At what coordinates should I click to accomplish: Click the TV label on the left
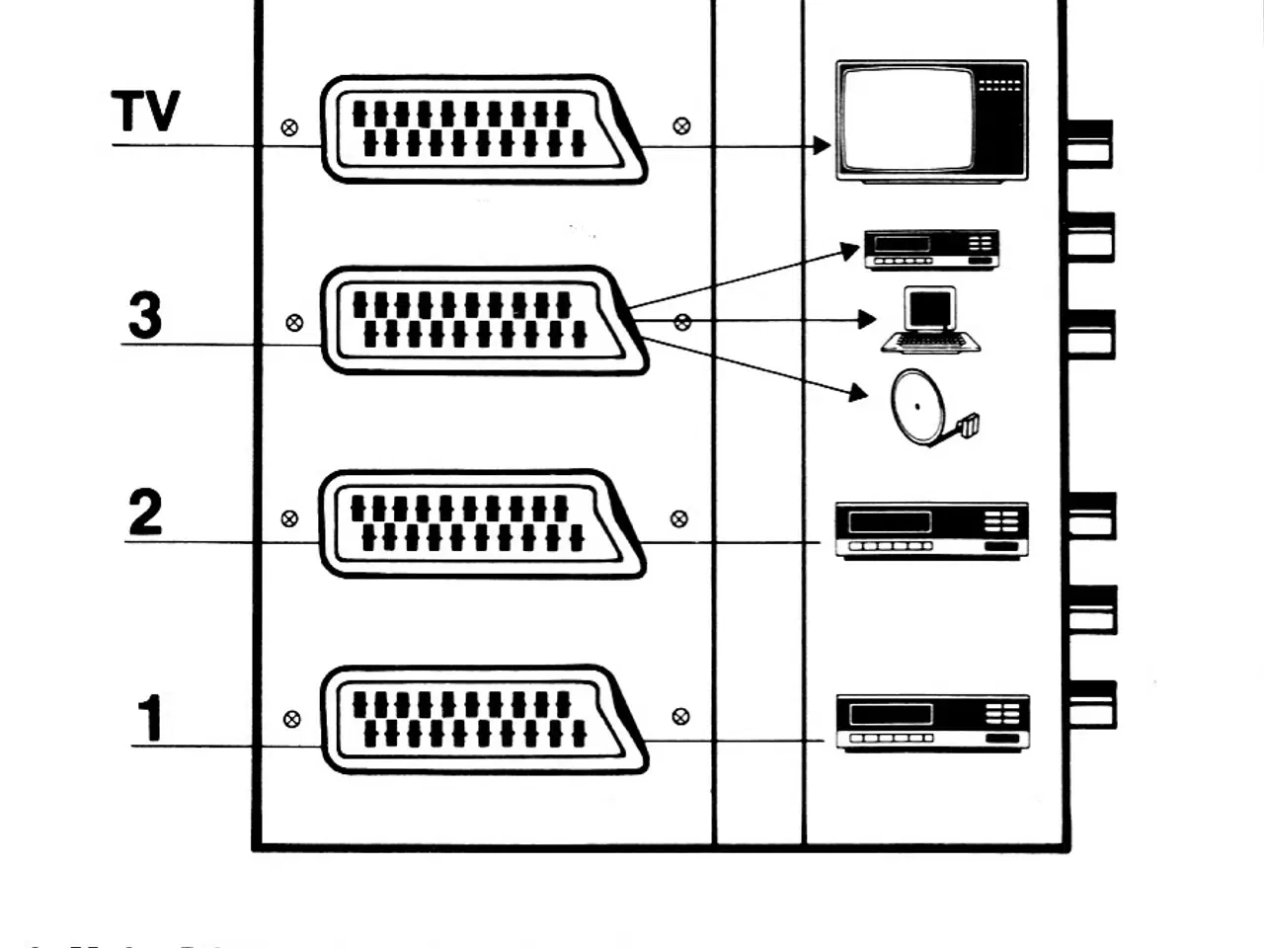coord(145,111)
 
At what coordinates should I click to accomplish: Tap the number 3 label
coord(145,316)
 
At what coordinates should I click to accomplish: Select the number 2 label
coord(145,513)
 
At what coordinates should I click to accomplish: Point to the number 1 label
coord(150,718)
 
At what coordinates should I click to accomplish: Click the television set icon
coord(931,120)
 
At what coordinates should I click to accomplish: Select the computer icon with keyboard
coord(930,320)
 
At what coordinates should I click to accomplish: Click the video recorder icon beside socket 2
coord(931,531)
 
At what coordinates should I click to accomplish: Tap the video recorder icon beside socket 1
coord(932,723)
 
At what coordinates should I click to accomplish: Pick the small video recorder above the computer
coord(931,249)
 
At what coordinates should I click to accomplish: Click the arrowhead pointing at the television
coord(822,146)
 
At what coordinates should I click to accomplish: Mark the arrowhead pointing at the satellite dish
coord(858,394)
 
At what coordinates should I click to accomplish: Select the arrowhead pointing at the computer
coord(867,319)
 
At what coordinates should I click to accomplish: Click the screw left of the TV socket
coord(289,127)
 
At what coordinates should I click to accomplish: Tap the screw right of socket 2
coord(678,518)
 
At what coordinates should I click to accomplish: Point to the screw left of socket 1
coord(291,719)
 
